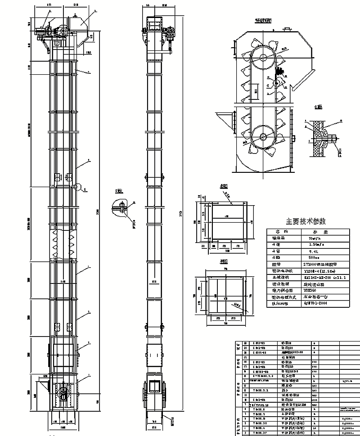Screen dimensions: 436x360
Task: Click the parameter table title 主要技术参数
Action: (x=306, y=221)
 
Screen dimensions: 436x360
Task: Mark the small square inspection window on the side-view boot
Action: (x=155, y=386)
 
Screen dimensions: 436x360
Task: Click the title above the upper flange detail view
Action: (x=224, y=186)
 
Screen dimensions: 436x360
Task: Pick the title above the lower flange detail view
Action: (x=224, y=261)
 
